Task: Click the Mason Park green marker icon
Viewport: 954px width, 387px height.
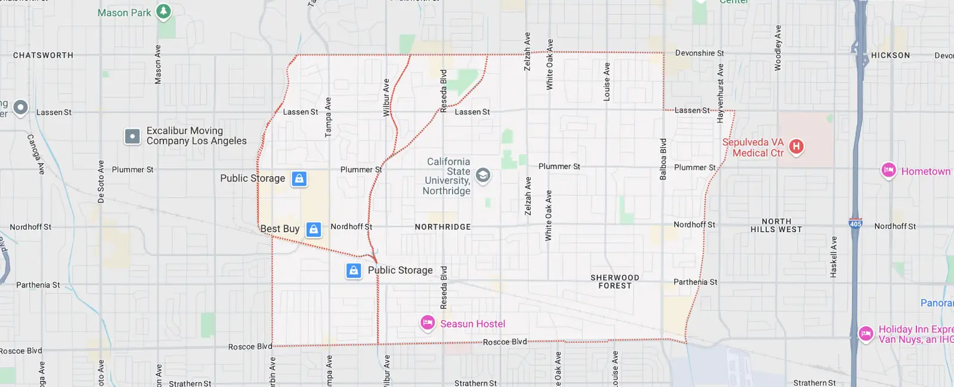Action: (163, 11)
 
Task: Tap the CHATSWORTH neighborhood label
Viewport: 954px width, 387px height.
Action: (44, 55)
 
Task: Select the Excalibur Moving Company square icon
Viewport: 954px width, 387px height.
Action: (132, 136)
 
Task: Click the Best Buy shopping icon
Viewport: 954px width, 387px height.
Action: (314, 229)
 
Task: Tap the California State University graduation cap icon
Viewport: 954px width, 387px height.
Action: (483, 175)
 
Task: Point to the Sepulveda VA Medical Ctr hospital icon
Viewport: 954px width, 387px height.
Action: (796, 146)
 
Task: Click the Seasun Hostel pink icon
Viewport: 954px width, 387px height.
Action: (428, 323)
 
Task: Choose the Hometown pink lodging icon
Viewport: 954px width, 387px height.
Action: (888, 170)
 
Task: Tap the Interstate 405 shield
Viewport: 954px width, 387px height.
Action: (856, 224)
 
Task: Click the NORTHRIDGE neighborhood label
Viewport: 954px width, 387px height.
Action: (443, 227)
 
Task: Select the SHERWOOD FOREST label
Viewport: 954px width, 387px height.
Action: (615, 282)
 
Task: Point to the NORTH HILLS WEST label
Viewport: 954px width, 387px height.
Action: (776, 226)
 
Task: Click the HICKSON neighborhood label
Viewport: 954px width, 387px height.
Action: (891, 55)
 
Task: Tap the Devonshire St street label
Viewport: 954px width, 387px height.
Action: (699, 53)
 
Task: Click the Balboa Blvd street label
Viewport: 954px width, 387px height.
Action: (663, 159)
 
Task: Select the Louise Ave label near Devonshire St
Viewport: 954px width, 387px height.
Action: (607, 82)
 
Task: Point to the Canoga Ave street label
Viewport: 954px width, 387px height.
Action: (36, 154)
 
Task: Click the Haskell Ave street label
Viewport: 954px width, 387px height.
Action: (834, 257)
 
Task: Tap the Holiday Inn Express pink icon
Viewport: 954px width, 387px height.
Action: (866, 333)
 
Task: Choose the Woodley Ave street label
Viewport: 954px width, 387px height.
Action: (778, 48)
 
